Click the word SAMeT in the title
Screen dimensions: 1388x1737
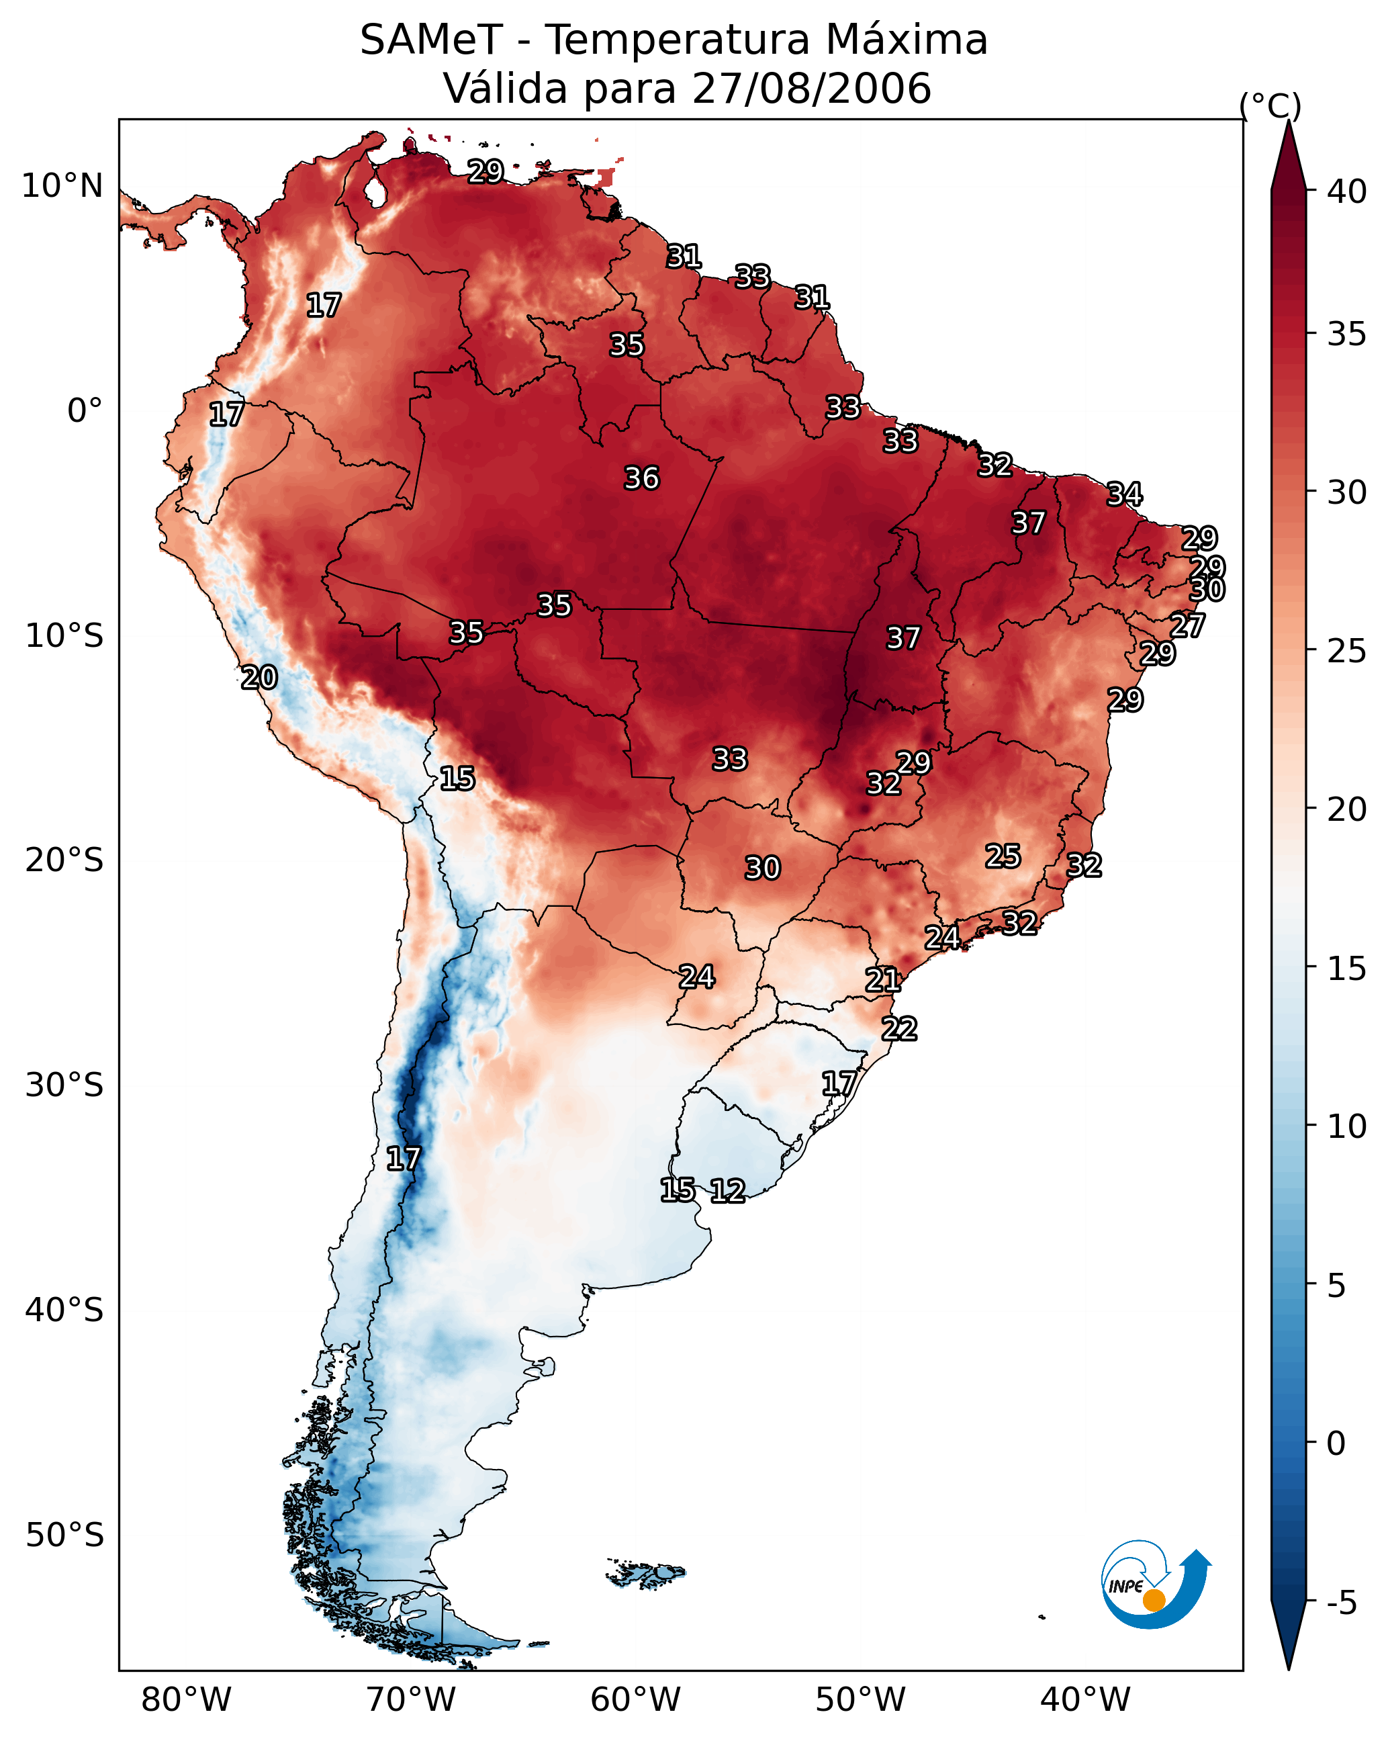(x=431, y=40)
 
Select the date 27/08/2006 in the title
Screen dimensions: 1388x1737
(x=811, y=89)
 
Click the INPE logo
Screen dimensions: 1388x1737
(x=1156, y=1584)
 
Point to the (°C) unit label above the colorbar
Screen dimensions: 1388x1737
(x=1270, y=105)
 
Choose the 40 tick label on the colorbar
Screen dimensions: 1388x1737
(x=1347, y=191)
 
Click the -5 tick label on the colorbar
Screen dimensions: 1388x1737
(x=1342, y=1603)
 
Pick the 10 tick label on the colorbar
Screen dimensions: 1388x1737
(x=1347, y=1126)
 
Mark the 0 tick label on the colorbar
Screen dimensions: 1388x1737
(x=1336, y=1443)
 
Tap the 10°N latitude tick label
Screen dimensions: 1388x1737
(x=62, y=186)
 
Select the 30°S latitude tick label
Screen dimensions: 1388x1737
(x=64, y=1085)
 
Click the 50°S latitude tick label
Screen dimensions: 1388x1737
(x=64, y=1535)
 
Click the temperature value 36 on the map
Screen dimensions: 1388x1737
(x=642, y=478)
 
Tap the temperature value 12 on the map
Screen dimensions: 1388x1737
(x=727, y=1191)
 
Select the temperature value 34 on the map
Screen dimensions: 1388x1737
(x=1125, y=494)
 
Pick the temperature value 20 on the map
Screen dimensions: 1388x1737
(x=259, y=678)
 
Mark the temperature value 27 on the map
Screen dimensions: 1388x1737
(x=1187, y=625)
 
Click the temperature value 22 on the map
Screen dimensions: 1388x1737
(x=899, y=1029)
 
